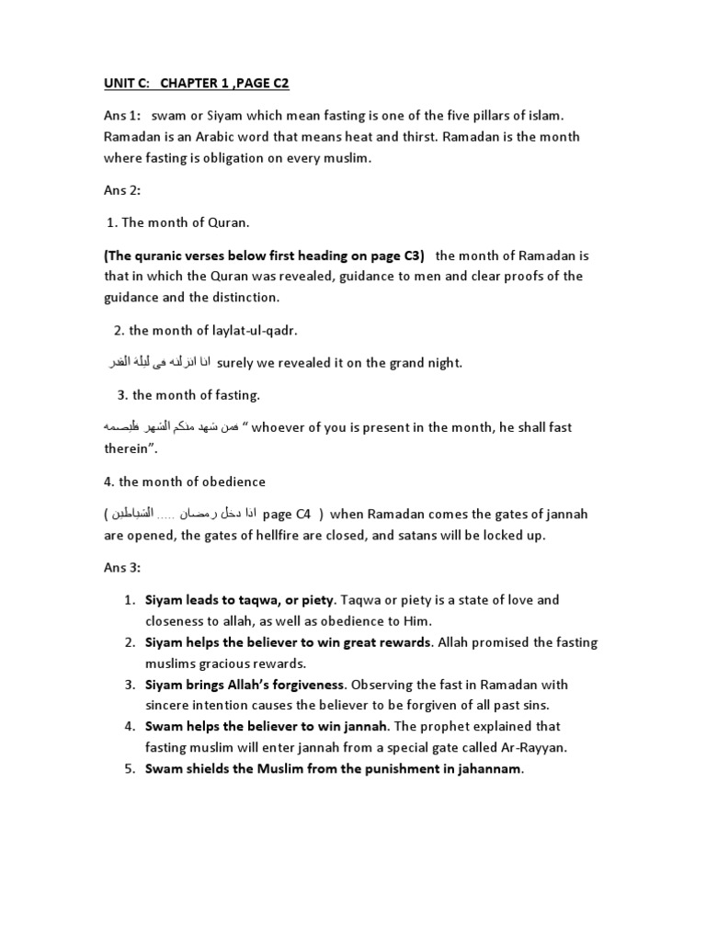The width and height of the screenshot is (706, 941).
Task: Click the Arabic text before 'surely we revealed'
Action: pos(157,363)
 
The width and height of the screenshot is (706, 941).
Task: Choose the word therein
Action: pos(128,449)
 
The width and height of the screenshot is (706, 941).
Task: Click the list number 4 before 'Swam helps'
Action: pos(129,727)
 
